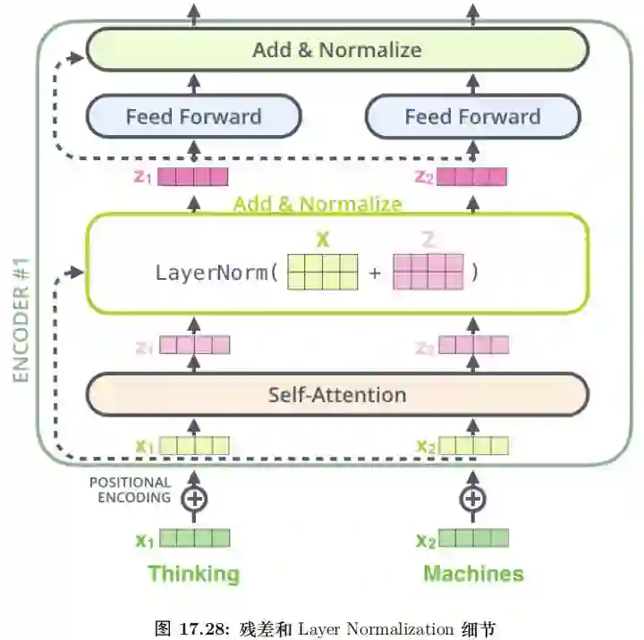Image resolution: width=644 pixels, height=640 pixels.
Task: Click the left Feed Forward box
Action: pos(193,117)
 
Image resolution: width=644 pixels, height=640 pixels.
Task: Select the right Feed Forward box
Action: pos(472,117)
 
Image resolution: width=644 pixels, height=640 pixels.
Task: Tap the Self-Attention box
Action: pos(336,394)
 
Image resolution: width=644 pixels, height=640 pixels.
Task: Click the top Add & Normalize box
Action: pos(336,49)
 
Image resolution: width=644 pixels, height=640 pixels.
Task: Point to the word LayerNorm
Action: pos(211,272)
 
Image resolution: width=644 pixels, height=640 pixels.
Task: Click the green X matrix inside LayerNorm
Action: pos(323,272)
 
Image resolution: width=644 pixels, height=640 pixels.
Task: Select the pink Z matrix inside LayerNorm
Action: pos(428,272)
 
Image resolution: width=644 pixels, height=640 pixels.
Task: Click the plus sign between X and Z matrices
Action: pos(375,272)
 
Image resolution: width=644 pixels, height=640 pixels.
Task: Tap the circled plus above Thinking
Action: pos(193,498)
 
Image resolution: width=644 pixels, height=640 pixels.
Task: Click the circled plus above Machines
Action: pos(472,498)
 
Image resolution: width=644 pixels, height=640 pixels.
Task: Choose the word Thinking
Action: pos(194,573)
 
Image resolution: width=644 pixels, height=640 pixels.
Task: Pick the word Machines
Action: pos(473,573)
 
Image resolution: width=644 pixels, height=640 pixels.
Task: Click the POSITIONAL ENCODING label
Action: pos(130,490)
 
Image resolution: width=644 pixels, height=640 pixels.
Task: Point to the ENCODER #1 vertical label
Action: pos(21,323)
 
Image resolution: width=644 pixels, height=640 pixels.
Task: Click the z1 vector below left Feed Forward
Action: pos(193,177)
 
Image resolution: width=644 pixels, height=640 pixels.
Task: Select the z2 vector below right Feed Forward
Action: pos(472,177)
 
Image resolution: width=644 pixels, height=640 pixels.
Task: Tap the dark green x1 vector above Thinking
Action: pos(195,539)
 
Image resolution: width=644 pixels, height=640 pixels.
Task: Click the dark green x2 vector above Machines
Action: pos(474,539)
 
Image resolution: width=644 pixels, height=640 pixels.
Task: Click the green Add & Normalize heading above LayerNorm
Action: pos(318,205)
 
